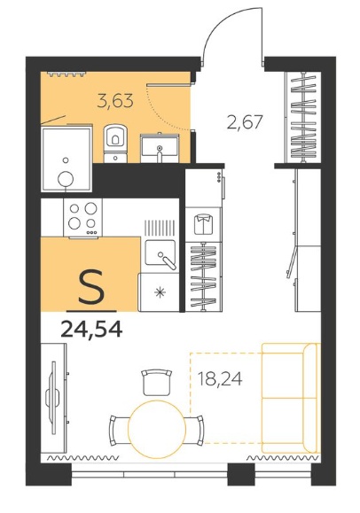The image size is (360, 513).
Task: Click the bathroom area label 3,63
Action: click(x=115, y=100)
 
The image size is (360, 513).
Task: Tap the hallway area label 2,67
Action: click(x=245, y=122)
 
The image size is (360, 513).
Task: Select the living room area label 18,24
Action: click(x=220, y=379)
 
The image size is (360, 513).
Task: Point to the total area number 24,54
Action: click(x=91, y=329)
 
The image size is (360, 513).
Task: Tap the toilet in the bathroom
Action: click(x=115, y=144)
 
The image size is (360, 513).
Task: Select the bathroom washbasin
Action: click(x=160, y=148)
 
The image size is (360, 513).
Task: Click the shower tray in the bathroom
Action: click(x=67, y=159)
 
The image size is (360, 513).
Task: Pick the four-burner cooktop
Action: click(x=82, y=217)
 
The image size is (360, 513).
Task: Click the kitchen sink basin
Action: click(x=160, y=253)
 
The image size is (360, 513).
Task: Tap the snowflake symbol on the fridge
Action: click(x=160, y=291)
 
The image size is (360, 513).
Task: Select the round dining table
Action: click(x=157, y=429)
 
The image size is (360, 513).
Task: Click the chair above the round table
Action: click(x=157, y=382)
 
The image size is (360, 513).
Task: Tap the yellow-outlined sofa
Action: click(x=290, y=398)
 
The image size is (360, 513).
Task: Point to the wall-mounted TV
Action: click(x=52, y=398)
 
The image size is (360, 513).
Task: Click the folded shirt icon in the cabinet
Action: click(x=203, y=224)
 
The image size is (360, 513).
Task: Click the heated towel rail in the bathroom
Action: click(x=67, y=74)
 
